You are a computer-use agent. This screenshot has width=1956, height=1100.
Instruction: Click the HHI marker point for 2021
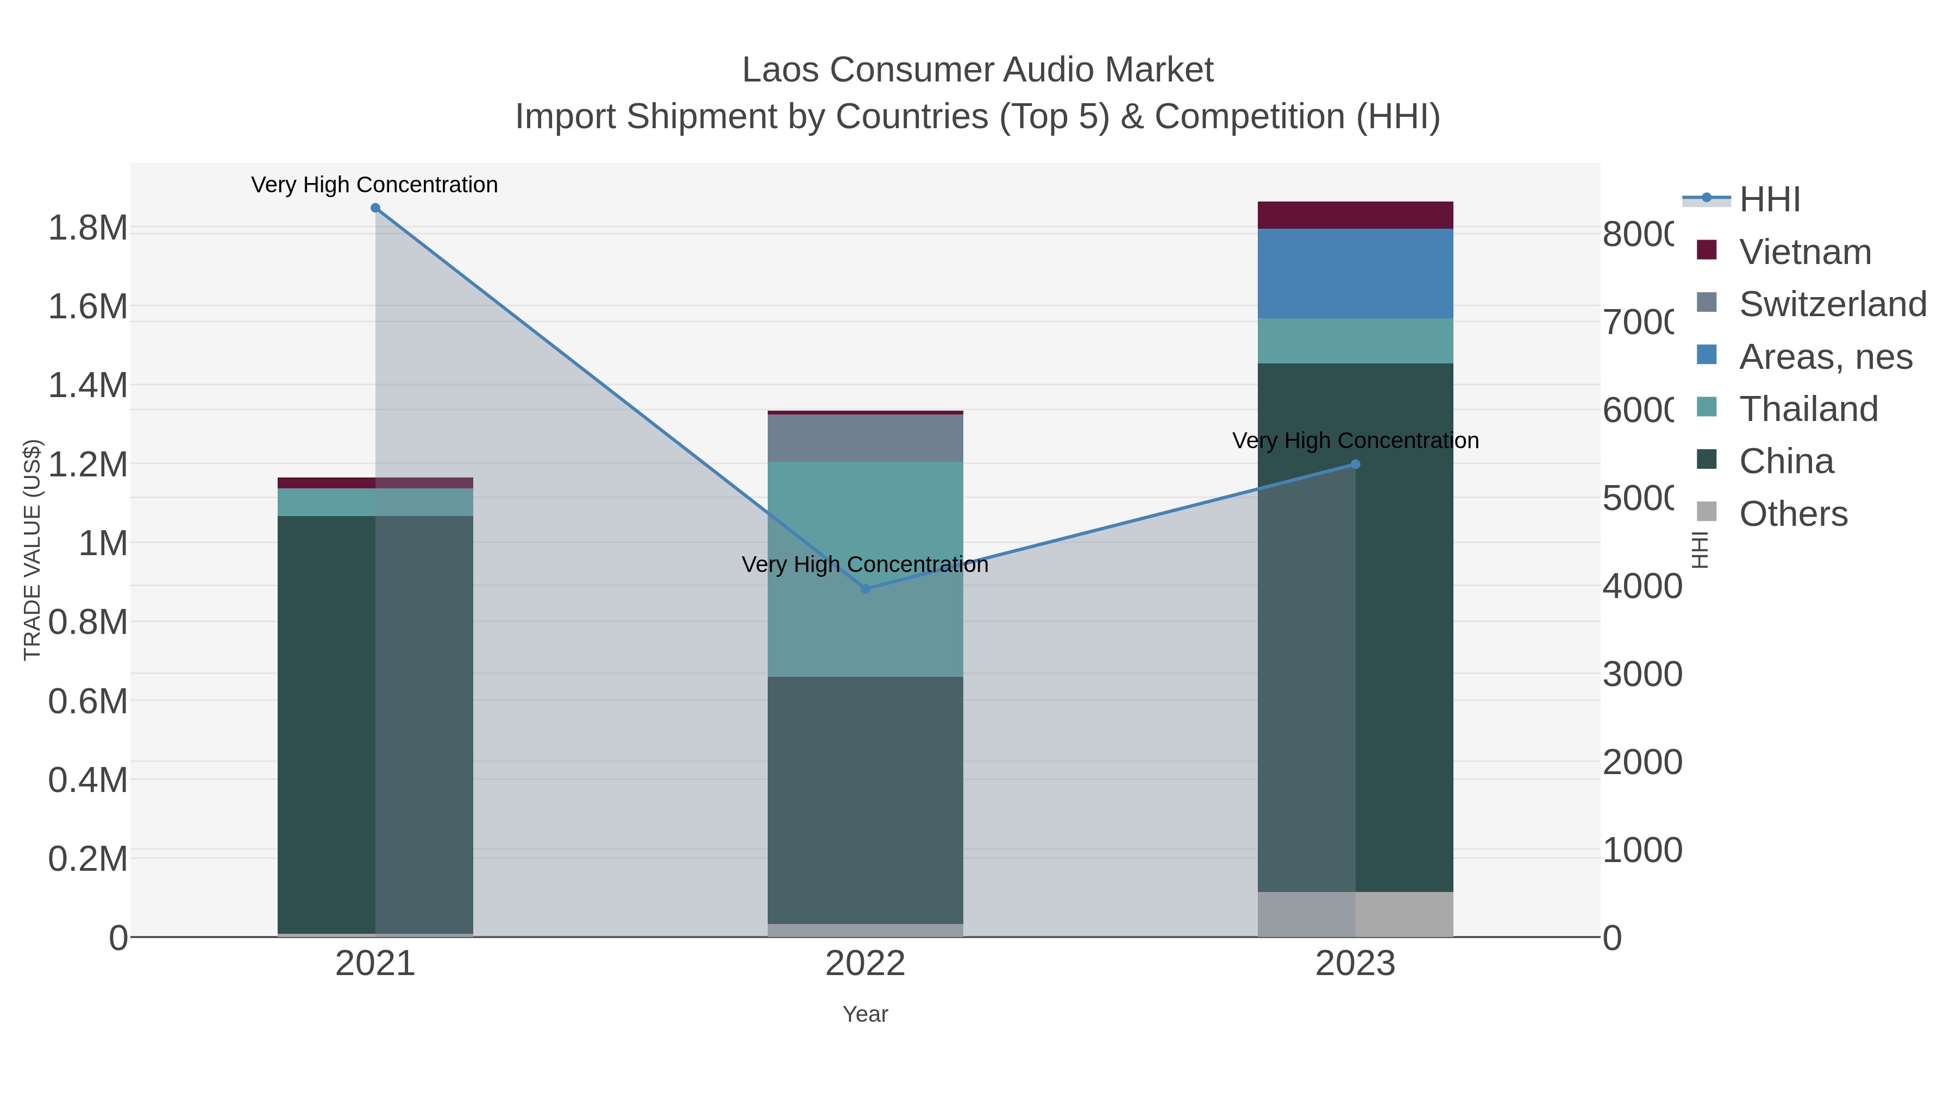pos(375,208)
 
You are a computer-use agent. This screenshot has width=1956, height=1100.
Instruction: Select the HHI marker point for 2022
pos(865,588)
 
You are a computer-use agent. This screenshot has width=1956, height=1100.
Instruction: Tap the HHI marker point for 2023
pos(1356,464)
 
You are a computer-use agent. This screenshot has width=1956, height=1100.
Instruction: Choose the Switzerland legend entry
pos(1832,304)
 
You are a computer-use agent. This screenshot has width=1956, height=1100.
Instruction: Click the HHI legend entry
pos(1769,200)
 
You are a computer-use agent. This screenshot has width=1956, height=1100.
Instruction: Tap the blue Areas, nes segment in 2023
pos(1356,273)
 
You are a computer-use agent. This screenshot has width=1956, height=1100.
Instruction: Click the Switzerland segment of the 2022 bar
pos(865,438)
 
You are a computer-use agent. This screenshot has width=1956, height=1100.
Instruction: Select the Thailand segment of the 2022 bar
pos(865,569)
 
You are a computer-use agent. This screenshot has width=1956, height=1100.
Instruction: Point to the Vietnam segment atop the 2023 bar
pos(1356,215)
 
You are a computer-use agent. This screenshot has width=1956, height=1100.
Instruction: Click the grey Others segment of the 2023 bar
pos(1356,914)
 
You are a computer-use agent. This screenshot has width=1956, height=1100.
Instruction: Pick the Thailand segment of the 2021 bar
pos(375,502)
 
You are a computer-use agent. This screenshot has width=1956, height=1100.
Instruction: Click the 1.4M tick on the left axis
pos(87,386)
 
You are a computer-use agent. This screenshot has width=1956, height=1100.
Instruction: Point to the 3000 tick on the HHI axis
pos(1641,674)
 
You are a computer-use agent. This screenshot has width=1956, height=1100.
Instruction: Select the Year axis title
pos(865,1014)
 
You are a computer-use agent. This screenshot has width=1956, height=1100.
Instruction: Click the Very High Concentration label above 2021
pos(374,185)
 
